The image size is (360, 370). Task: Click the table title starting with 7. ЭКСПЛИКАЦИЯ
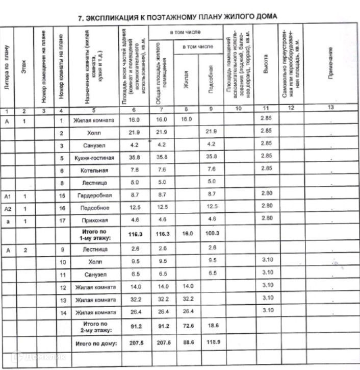pos(177,17)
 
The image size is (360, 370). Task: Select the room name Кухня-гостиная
pos(94,158)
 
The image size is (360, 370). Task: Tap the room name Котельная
pos(94,170)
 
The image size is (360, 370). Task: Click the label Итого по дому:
pos(96,344)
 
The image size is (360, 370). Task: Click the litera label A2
pos(7,208)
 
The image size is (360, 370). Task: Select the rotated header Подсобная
pos(211,77)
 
